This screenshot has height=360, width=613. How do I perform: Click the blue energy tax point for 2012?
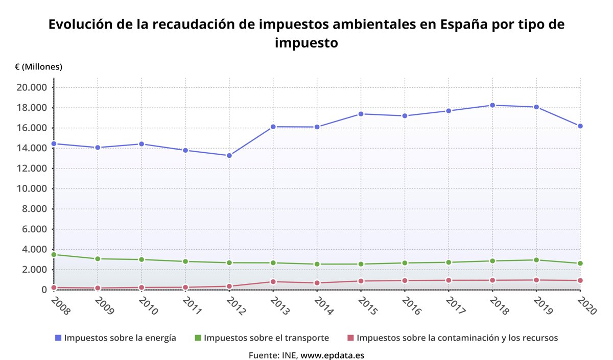[x=229, y=155]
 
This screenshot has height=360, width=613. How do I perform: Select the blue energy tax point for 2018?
[x=492, y=105]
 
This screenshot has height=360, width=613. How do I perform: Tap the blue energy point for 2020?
[x=580, y=126]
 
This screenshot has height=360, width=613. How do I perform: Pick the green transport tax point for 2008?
[x=54, y=254]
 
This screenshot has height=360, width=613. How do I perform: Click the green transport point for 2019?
[x=536, y=260]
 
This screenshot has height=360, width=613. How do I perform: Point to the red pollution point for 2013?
[x=273, y=281]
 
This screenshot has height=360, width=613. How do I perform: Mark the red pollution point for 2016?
[x=405, y=280]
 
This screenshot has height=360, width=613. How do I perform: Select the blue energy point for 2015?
[x=361, y=114]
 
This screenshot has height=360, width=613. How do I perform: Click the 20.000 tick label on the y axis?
[x=32, y=87]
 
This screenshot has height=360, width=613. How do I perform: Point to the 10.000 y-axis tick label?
[x=32, y=188]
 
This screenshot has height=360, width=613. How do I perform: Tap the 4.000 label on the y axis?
[x=34, y=249]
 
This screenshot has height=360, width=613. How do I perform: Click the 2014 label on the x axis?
[x=323, y=306]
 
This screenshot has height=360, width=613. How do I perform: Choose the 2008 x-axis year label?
[x=60, y=306]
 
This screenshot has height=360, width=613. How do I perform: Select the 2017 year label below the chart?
[x=455, y=306]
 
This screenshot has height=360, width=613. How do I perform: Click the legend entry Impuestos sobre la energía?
[x=120, y=338]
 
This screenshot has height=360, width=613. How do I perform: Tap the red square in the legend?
[x=350, y=338]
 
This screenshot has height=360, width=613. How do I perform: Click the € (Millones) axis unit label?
[x=39, y=67]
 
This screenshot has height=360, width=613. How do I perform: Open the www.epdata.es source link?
[x=332, y=355]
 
